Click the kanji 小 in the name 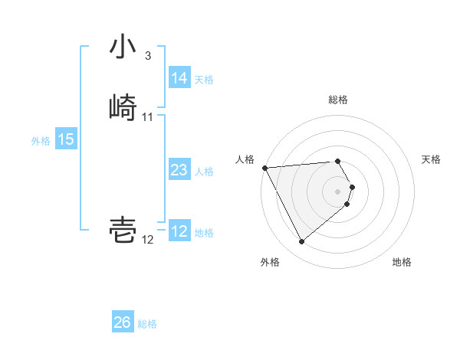tap(123, 48)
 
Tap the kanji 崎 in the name tap(123, 109)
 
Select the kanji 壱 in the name tap(123, 230)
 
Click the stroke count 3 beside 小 tap(147, 56)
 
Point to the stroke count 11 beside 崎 tap(148, 117)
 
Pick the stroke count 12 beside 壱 tap(148, 240)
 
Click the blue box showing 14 tap(179, 78)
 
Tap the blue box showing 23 tap(179, 170)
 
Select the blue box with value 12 tap(179, 231)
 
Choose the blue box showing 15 tap(66, 139)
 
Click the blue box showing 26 tap(122, 322)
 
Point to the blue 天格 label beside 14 tap(204, 79)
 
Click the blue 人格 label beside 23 tap(204, 171)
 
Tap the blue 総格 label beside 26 tap(147, 323)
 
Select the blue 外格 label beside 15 tap(41, 140)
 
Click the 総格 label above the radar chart tap(337, 100)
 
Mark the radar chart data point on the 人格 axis tap(264, 168)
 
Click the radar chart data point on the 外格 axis tap(301, 242)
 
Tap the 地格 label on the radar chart tap(402, 262)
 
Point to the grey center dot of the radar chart tap(337, 191)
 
